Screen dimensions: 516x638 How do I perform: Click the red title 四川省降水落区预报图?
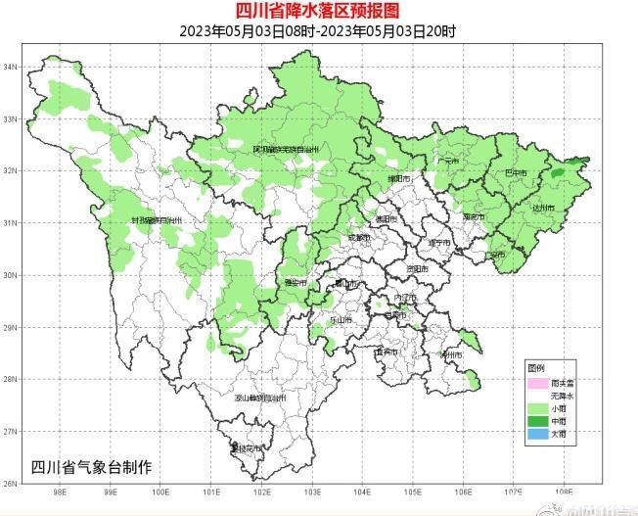pyautogui.click(x=318, y=11)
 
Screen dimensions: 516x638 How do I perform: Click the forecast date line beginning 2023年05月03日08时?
pyautogui.click(x=318, y=30)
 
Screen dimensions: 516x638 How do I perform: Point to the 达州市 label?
pyautogui.click(x=542, y=209)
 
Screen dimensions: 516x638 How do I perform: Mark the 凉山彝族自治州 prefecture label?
pyautogui.click(x=259, y=399)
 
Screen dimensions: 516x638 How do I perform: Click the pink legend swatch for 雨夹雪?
pyautogui.click(x=536, y=383)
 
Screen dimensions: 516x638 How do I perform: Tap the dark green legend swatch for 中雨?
pyautogui.click(x=536, y=420)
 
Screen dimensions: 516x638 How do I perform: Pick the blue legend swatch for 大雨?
pyautogui.click(x=536, y=433)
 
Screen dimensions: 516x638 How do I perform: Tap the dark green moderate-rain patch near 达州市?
pyautogui.click(x=558, y=173)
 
